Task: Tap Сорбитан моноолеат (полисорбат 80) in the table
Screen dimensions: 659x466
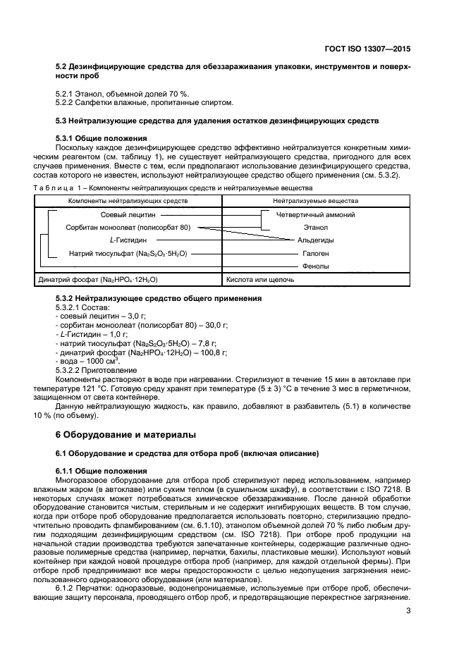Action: (x=131, y=228)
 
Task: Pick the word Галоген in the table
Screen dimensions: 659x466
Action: (x=315, y=253)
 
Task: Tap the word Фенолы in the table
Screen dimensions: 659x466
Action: (x=315, y=266)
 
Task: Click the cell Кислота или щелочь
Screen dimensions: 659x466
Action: (x=259, y=280)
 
